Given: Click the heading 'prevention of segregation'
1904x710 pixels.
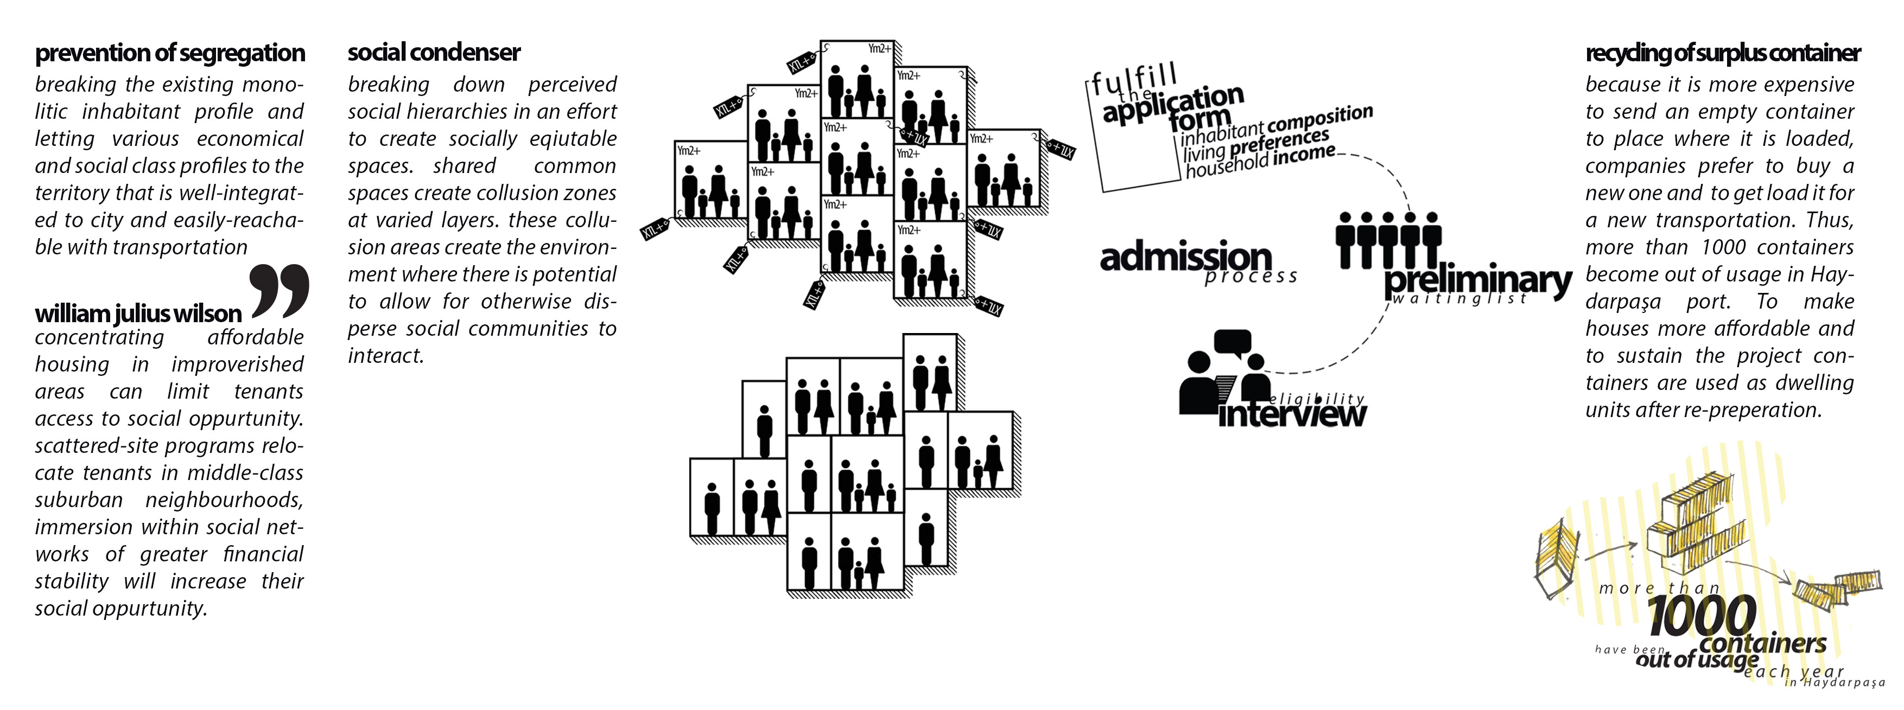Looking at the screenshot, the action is (170, 53).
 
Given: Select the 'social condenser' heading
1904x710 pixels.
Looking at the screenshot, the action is (434, 53).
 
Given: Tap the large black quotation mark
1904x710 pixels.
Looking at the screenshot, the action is (280, 290).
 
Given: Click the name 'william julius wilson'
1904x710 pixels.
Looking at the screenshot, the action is (138, 314).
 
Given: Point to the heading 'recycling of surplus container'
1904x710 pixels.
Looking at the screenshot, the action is (1722, 53).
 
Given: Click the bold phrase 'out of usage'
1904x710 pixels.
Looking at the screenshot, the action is (1696, 658).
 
